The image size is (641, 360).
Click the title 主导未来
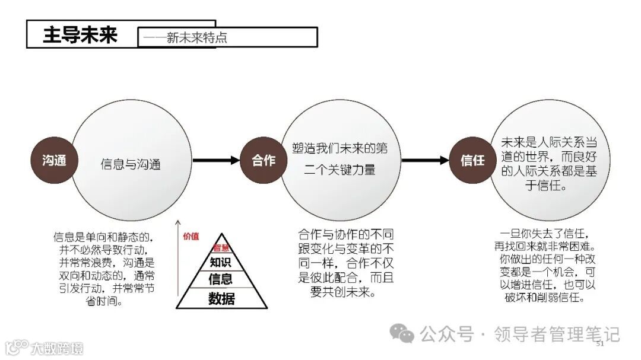pos(80,34)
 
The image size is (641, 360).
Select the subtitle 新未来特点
pos(196,39)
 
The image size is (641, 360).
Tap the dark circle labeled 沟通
pos(54,160)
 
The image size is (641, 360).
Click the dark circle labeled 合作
pos(264,160)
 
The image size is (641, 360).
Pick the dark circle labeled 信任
pos(472,160)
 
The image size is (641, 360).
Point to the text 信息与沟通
pos(131,164)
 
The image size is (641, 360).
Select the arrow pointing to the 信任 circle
pos(425,160)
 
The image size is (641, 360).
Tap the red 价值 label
pos(191,236)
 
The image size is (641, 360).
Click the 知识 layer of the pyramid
pos(221,262)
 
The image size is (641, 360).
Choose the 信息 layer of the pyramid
pos(221,279)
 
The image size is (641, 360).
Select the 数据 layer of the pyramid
pos(221,298)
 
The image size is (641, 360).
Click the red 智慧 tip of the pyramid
pos(221,248)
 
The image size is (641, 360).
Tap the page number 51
pos(599,344)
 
